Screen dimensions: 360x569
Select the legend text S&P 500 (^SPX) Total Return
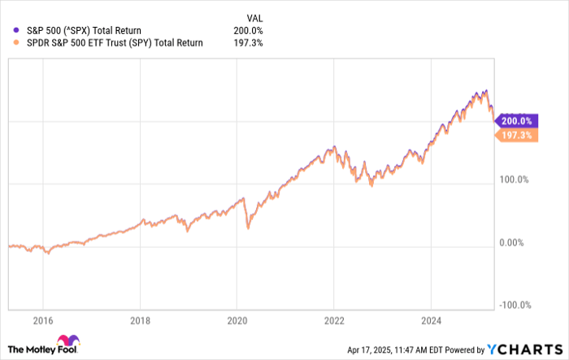coord(83,30)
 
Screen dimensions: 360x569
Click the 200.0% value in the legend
coord(247,30)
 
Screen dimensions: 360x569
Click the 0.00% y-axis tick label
coord(513,242)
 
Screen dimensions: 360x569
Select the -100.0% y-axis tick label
coord(515,305)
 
